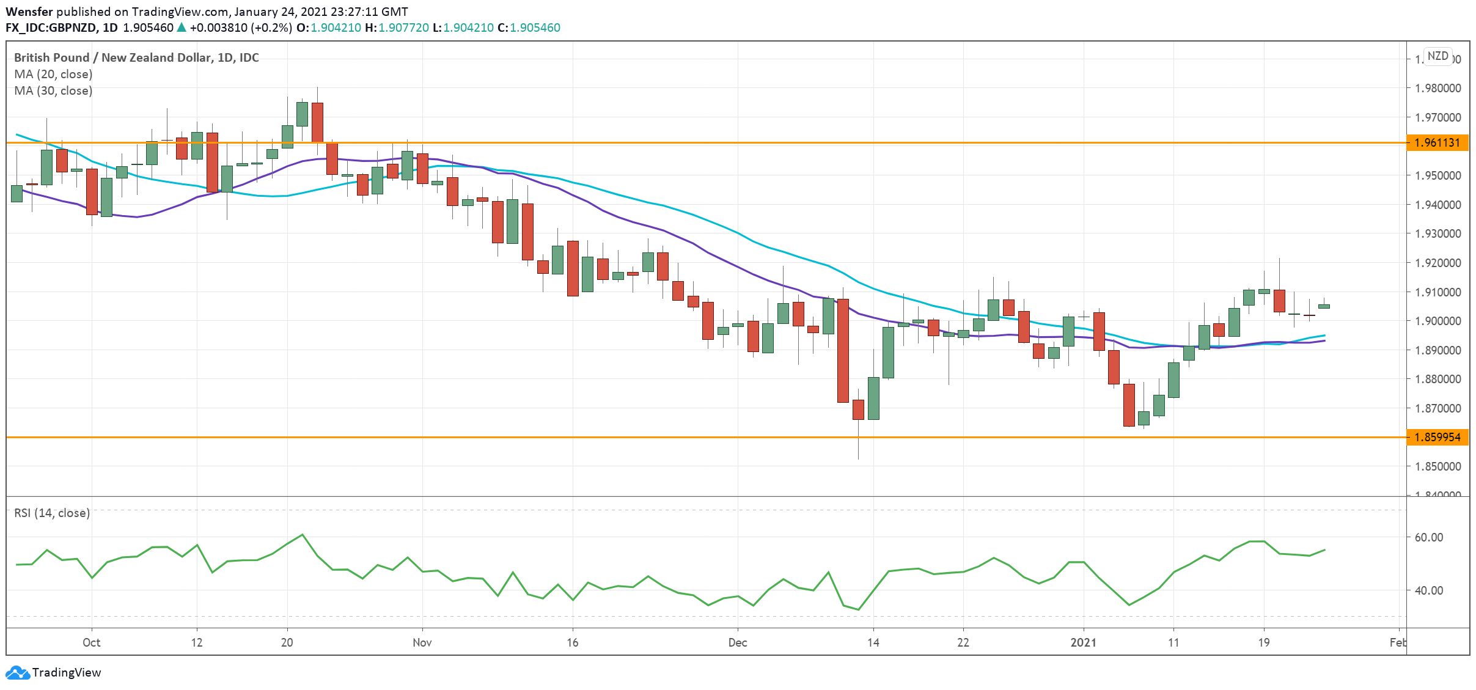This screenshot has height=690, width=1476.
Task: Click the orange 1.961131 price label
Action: tap(1437, 143)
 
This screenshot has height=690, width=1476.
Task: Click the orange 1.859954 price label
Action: tap(1437, 437)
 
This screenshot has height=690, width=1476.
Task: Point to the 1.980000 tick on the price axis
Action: tap(1437, 88)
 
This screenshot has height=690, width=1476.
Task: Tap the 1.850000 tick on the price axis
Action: tap(1437, 466)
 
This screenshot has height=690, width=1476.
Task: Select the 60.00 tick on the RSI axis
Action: tap(1428, 537)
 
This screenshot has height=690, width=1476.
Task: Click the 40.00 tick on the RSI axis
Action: tap(1428, 590)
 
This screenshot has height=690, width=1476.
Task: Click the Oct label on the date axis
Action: tap(91, 642)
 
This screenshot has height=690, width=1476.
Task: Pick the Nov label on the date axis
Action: tap(422, 642)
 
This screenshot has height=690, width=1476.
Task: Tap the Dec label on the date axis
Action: tap(737, 642)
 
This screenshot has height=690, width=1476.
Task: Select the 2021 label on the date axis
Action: tap(1083, 642)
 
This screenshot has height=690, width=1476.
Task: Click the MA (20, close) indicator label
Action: tap(53, 74)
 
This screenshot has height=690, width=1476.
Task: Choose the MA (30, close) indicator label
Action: tap(53, 90)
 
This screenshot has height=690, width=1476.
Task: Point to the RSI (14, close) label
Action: tap(52, 513)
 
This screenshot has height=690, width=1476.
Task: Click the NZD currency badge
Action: tap(1437, 56)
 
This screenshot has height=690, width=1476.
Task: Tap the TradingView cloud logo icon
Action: tap(17, 672)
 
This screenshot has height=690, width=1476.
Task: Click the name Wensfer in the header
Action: tap(29, 12)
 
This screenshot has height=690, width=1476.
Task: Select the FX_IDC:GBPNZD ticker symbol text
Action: tap(51, 28)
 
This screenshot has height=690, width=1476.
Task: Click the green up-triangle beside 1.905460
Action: tap(182, 28)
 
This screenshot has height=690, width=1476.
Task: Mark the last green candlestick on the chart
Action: tap(1324, 306)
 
